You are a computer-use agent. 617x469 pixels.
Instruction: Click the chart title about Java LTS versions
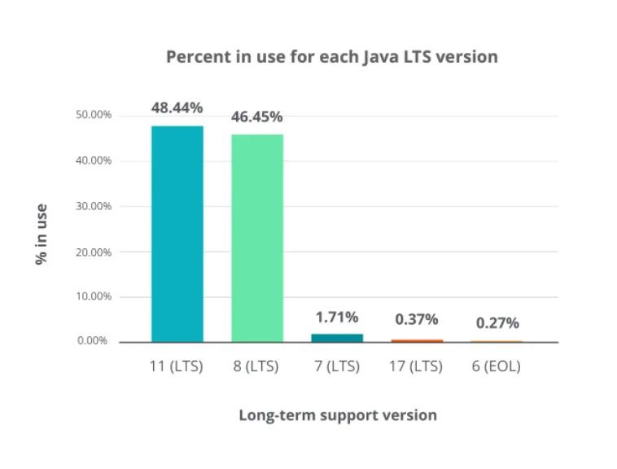tap(331, 57)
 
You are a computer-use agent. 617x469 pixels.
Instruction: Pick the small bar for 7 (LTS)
tap(337, 337)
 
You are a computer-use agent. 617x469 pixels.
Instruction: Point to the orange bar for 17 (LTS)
tap(417, 340)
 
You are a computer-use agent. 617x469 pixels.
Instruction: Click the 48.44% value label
tap(177, 107)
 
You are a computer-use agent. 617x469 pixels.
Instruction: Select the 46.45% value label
tap(257, 116)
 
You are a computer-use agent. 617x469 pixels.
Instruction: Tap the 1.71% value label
tap(337, 317)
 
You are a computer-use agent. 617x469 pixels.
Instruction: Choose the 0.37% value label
tap(417, 320)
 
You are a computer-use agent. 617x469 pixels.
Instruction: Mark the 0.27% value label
tap(497, 323)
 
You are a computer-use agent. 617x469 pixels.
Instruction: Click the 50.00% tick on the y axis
tap(94, 115)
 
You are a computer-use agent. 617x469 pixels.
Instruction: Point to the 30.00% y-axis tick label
tap(94, 206)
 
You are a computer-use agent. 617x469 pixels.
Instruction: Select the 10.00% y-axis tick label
tap(94, 296)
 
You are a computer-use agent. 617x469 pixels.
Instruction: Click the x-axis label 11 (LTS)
tap(177, 366)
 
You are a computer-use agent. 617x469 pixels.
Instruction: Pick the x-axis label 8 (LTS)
tap(257, 366)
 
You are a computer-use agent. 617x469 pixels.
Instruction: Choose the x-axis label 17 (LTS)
tap(417, 366)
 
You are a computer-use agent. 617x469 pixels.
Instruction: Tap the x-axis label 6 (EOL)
tap(497, 366)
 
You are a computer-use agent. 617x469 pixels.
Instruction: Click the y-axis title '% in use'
tap(40, 234)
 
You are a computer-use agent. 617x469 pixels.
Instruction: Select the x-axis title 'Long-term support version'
tap(337, 415)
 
